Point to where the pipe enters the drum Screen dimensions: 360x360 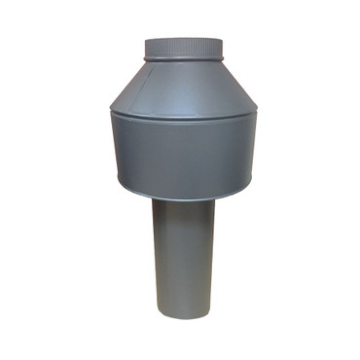(x=183, y=201)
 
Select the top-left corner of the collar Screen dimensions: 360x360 (x=145, y=41)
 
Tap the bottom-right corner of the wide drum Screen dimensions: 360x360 (x=253, y=186)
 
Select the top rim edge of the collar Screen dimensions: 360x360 (x=184, y=39)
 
